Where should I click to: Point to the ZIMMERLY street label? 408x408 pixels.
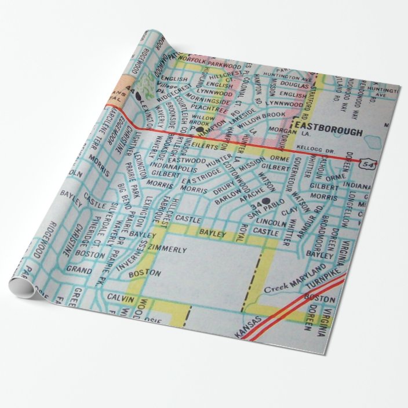(167, 250)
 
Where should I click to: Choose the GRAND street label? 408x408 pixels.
(79, 270)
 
